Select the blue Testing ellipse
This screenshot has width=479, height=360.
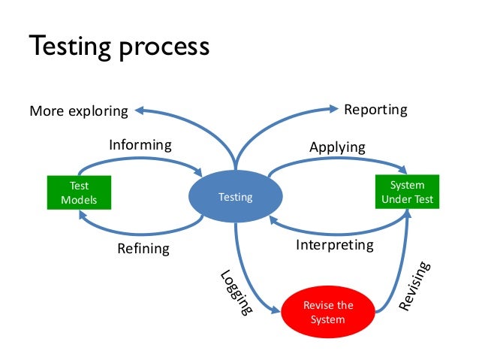[235, 198]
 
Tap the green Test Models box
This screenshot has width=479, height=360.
[79, 192]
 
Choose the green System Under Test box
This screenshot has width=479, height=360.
[408, 192]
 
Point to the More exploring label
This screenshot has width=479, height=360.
[79, 111]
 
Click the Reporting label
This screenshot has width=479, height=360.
[375, 110]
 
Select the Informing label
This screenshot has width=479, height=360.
[140, 144]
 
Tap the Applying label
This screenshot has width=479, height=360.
[337, 147]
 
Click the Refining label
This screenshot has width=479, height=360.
[143, 248]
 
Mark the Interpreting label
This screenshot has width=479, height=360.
[334, 245]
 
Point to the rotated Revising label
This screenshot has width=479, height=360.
[414, 286]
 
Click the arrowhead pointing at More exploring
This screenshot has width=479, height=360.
[140, 111]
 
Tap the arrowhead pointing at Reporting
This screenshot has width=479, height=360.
[333, 110]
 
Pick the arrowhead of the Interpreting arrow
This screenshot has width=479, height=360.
[275, 219]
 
